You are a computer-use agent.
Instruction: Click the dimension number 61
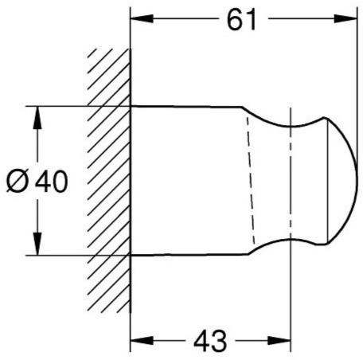coord(241,19)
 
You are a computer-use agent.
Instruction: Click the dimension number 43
coord(210,341)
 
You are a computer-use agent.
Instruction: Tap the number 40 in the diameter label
coord(52,182)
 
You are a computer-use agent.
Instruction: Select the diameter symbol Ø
coord(18,182)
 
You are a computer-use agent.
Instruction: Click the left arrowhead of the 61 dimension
coord(142,18)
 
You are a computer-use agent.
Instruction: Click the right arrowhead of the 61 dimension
coord(345,18)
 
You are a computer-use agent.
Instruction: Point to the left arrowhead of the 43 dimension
coord(142,340)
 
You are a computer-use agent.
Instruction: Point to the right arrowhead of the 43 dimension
coord(279,340)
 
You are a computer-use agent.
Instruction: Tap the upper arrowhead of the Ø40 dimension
coord(37,118)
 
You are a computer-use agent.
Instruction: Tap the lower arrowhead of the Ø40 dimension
coord(37,244)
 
